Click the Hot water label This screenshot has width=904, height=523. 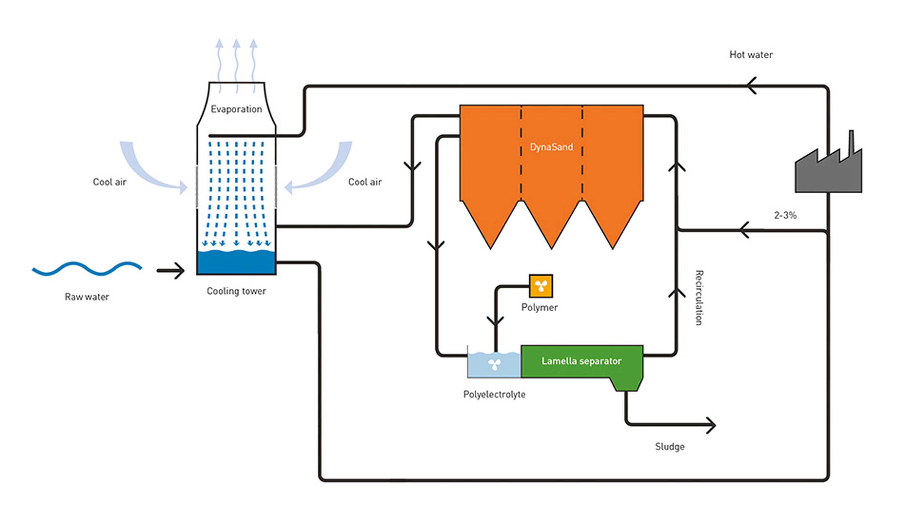pyautogui.click(x=751, y=55)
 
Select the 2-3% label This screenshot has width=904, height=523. pyautogui.click(x=785, y=215)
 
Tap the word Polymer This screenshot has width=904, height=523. pyautogui.click(x=539, y=307)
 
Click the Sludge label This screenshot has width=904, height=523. pyautogui.click(x=669, y=447)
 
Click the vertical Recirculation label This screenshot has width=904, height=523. pyautogui.click(x=699, y=298)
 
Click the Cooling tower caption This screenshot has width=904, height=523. pyautogui.click(x=236, y=291)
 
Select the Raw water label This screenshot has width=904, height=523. pyautogui.click(x=87, y=297)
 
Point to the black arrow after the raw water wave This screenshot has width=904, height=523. pyautogui.click(x=171, y=271)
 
